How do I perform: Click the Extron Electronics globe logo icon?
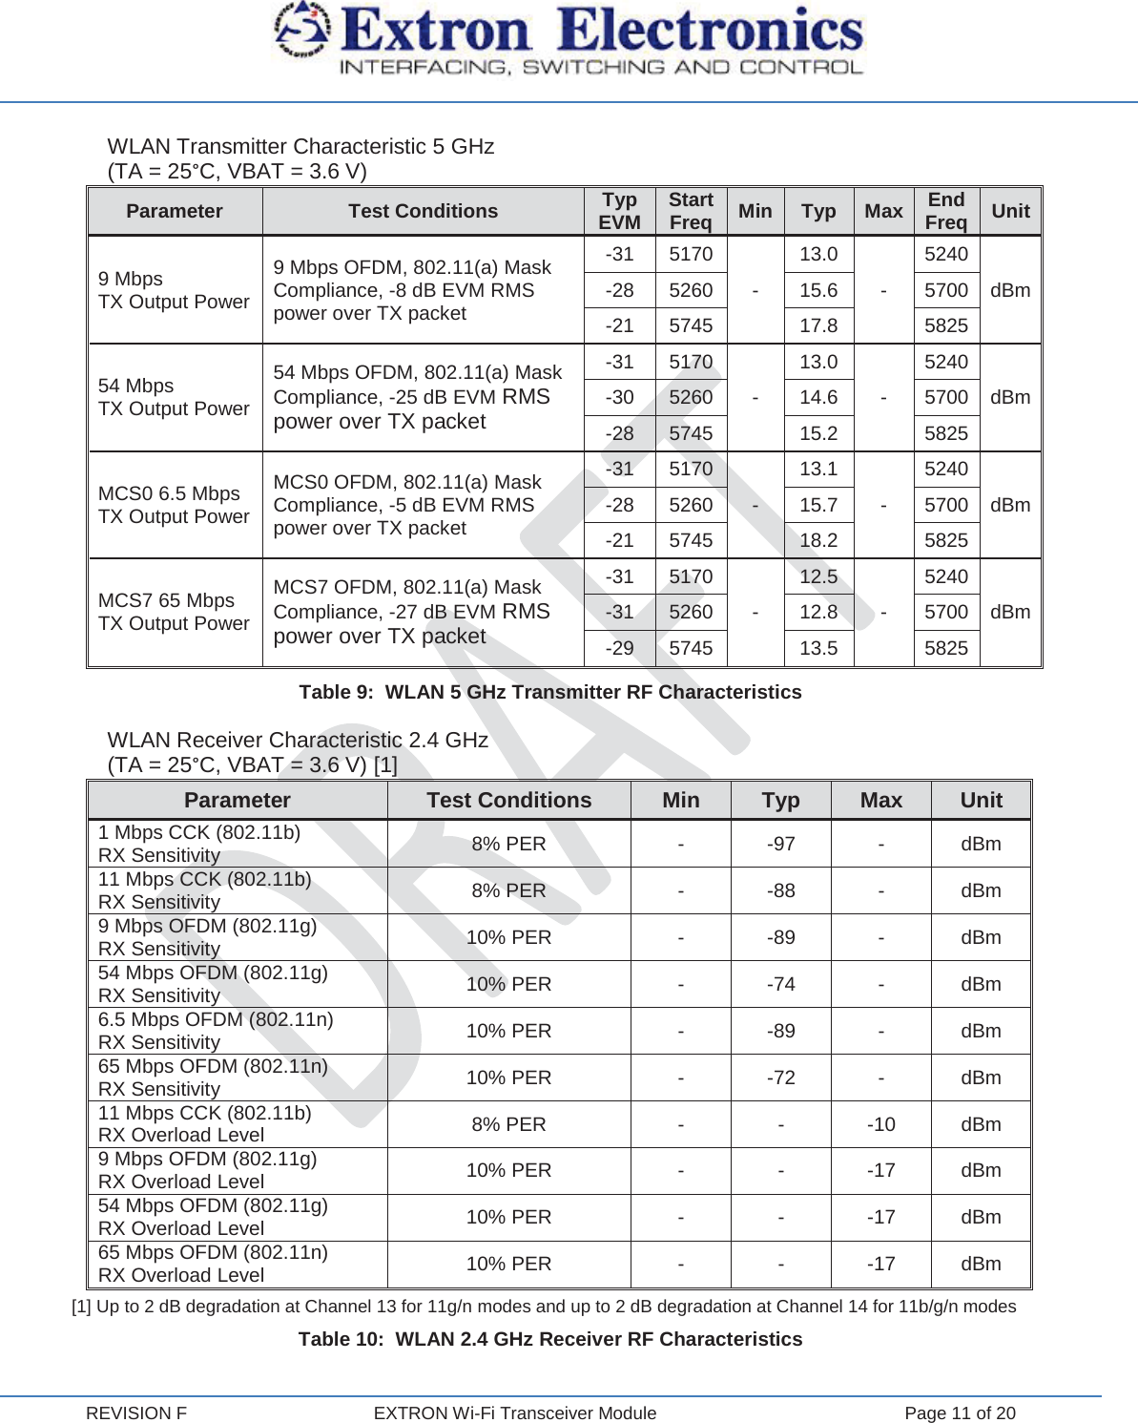coord(301,31)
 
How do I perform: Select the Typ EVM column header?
coord(619,211)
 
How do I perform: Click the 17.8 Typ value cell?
coord(818,325)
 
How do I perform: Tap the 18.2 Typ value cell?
coord(818,540)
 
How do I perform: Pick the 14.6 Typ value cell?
coord(818,397)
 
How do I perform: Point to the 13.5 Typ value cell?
coord(818,648)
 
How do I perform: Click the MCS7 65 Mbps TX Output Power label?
coord(174,612)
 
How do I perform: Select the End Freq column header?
coord(945,211)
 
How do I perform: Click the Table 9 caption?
coord(550,692)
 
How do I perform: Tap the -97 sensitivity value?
coord(780,844)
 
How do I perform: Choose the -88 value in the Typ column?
coord(780,890)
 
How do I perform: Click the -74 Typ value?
coord(780,984)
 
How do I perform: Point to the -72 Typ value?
coord(780,1078)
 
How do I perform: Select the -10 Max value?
coord(880,1124)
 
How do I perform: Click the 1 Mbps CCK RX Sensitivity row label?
coord(199,844)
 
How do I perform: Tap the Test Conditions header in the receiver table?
coord(508,800)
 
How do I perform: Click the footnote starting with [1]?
coord(544,1307)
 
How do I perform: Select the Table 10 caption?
coord(550,1339)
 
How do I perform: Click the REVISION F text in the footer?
coord(136,1413)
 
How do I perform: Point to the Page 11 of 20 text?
coord(960,1413)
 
